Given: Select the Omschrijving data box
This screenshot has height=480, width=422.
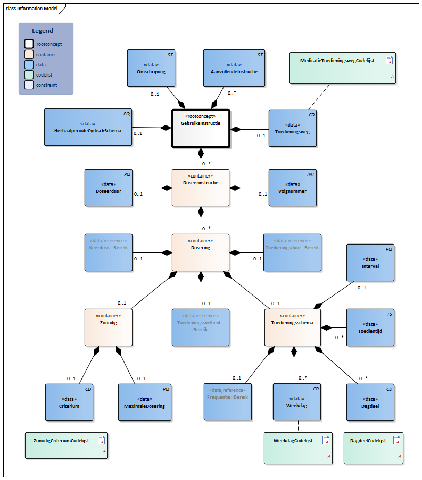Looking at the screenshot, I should (x=151, y=68).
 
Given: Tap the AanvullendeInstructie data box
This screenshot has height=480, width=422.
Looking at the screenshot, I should (x=234, y=68).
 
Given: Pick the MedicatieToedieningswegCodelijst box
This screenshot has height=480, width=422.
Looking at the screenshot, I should (x=343, y=68).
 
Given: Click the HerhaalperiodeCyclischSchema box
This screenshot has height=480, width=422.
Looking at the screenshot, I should (x=88, y=127).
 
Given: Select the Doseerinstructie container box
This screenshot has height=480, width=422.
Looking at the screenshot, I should (x=201, y=187).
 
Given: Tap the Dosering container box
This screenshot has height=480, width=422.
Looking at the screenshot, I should (x=201, y=252).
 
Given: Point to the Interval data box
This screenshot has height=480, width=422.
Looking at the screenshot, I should (x=370, y=262).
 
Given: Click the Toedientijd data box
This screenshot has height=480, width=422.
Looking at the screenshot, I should (x=370, y=327).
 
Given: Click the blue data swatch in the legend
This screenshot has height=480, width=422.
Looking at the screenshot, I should (x=29, y=64).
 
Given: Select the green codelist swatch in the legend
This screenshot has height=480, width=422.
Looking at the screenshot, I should (x=29, y=74).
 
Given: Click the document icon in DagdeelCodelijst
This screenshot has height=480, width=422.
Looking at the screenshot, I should (x=396, y=440).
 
